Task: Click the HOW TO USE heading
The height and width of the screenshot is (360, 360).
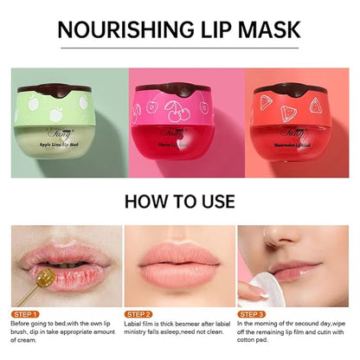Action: (179, 202)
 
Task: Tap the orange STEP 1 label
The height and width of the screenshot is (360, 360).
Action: (25, 313)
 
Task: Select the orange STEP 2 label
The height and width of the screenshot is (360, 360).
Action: (139, 313)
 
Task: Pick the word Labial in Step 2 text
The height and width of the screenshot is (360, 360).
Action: (135, 325)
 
